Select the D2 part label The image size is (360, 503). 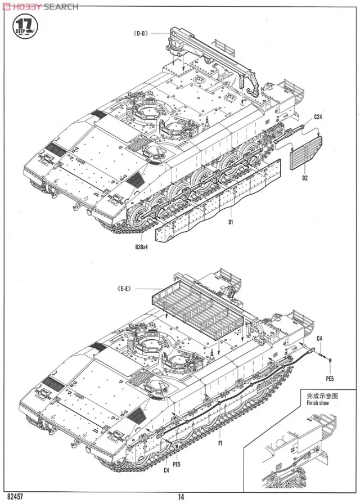point(305,178)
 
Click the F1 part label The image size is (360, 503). point(221,443)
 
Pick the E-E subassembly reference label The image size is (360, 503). point(124,289)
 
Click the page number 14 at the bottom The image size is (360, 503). point(180,496)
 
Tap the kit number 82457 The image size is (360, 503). point(15,496)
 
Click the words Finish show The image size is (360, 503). point(313,403)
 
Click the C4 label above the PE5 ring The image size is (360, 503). point(318,338)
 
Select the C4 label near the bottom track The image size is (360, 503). point(166,470)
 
